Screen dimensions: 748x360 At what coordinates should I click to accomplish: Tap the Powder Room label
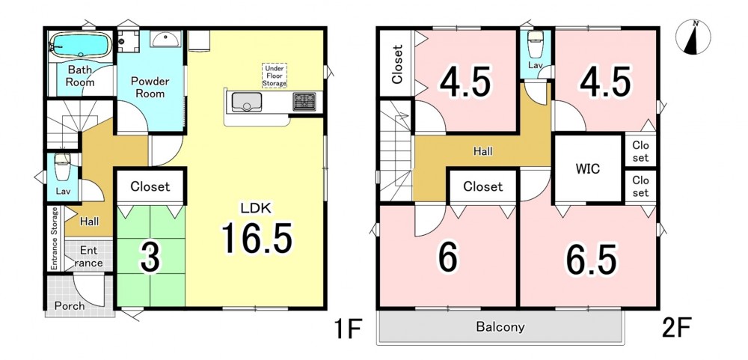(x=150, y=87)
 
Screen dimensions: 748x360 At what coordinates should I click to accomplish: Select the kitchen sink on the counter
(x=247, y=103)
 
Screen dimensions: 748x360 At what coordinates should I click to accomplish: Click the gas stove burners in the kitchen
(x=304, y=102)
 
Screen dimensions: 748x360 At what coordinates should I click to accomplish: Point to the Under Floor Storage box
(x=275, y=76)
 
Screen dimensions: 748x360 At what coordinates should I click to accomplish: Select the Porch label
(x=70, y=305)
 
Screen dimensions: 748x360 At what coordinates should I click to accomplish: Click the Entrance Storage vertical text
(x=55, y=239)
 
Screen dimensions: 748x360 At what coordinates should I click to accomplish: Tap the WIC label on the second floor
(x=587, y=169)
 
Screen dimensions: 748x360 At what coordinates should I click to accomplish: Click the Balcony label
(x=500, y=328)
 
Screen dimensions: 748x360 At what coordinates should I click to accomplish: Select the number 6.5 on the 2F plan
(x=591, y=260)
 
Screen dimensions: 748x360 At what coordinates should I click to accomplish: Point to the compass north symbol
(x=693, y=37)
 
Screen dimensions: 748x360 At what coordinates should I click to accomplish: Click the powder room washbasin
(x=165, y=38)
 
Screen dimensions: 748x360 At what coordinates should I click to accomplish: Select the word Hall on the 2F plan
(x=482, y=152)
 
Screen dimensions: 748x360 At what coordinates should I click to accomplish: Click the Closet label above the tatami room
(x=150, y=186)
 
